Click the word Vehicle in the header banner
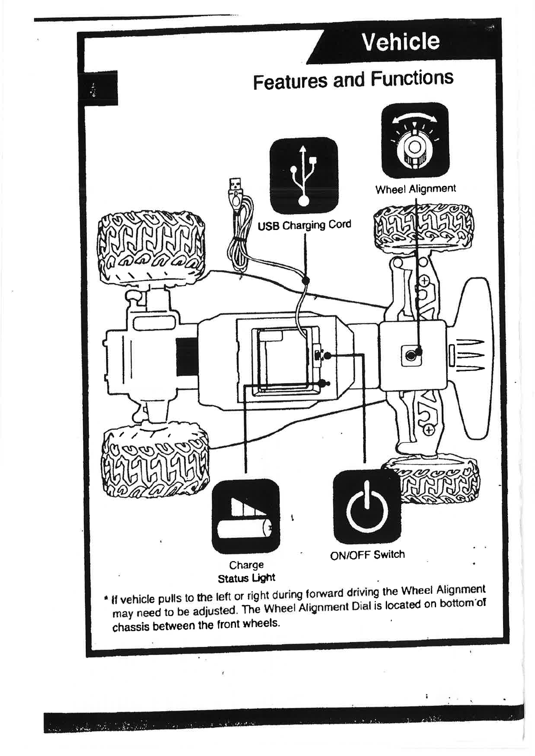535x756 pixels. pyautogui.click(x=401, y=42)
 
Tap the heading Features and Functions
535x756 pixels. pyautogui.click(x=353, y=80)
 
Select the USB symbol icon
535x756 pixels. pyautogui.click(x=303, y=176)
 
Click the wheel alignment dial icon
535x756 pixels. pyautogui.click(x=415, y=140)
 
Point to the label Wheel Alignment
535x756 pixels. pyautogui.click(x=415, y=189)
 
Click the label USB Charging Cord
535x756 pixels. pyautogui.click(x=304, y=225)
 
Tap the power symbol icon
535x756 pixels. pyautogui.click(x=367, y=507)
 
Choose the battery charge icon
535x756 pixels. pyautogui.click(x=245, y=516)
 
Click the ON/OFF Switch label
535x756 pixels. pyautogui.click(x=367, y=555)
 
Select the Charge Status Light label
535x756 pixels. pyautogui.click(x=246, y=571)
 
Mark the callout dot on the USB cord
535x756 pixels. pyautogui.click(x=306, y=281)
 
